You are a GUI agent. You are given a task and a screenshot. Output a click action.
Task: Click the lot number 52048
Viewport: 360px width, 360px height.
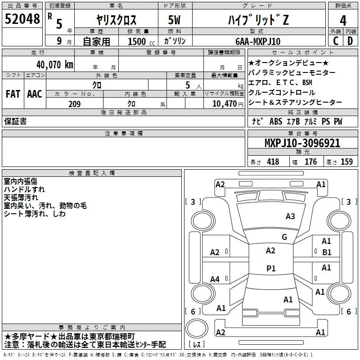point(22,19)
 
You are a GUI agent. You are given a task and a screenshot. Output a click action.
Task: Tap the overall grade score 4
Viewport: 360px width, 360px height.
point(343,21)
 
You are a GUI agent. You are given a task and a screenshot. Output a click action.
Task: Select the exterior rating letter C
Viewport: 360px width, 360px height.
point(336,41)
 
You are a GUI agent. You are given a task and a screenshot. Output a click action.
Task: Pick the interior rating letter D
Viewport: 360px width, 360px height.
point(350,41)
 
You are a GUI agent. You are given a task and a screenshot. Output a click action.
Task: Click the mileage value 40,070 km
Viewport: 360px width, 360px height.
point(55,65)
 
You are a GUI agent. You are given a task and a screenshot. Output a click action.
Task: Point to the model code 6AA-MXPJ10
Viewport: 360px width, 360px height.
point(258,41)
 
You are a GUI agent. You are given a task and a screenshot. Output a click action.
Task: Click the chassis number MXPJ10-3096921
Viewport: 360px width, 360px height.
point(302,143)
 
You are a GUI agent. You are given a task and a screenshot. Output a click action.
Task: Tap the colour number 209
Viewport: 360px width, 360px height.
point(74,104)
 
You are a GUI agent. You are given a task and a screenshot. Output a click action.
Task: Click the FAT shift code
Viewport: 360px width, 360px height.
point(13,94)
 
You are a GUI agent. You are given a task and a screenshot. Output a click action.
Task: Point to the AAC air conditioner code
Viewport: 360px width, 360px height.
point(35,94)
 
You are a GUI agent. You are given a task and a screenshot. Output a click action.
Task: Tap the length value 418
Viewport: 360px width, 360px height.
point(273,162)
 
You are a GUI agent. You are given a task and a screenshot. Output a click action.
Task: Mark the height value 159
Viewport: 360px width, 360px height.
point(346,162)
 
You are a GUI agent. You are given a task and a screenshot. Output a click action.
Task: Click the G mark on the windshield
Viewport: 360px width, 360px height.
point(284,237)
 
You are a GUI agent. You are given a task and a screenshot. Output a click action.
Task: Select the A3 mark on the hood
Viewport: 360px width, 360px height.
point(290,216)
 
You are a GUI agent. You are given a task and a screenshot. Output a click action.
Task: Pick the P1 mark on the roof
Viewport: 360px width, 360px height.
point(271,268)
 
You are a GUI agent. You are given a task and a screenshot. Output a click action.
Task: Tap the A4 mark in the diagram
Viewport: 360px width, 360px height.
point(215,279)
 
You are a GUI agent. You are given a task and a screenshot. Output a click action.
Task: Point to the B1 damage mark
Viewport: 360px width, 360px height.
point(327,252)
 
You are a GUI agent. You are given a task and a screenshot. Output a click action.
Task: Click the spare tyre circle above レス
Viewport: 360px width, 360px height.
point(197,328)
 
